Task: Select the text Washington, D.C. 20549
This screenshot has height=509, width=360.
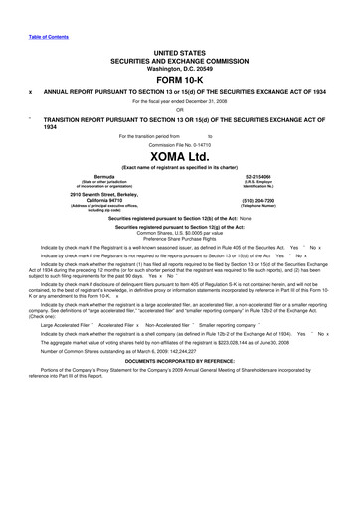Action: click(179, 66)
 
